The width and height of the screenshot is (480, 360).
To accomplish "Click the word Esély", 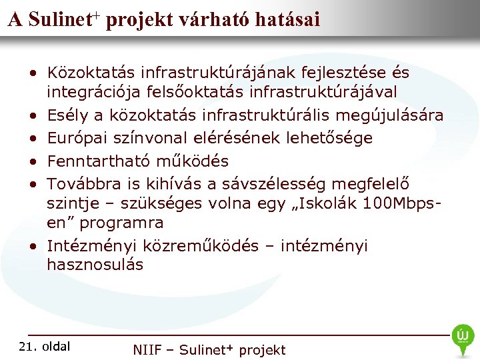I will [x=67, y=115].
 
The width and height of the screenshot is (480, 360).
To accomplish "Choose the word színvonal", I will [x=152, y=138].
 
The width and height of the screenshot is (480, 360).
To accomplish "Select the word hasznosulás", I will [x=95, y=265].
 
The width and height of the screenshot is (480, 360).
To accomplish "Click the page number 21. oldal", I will [x=45, y=346].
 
